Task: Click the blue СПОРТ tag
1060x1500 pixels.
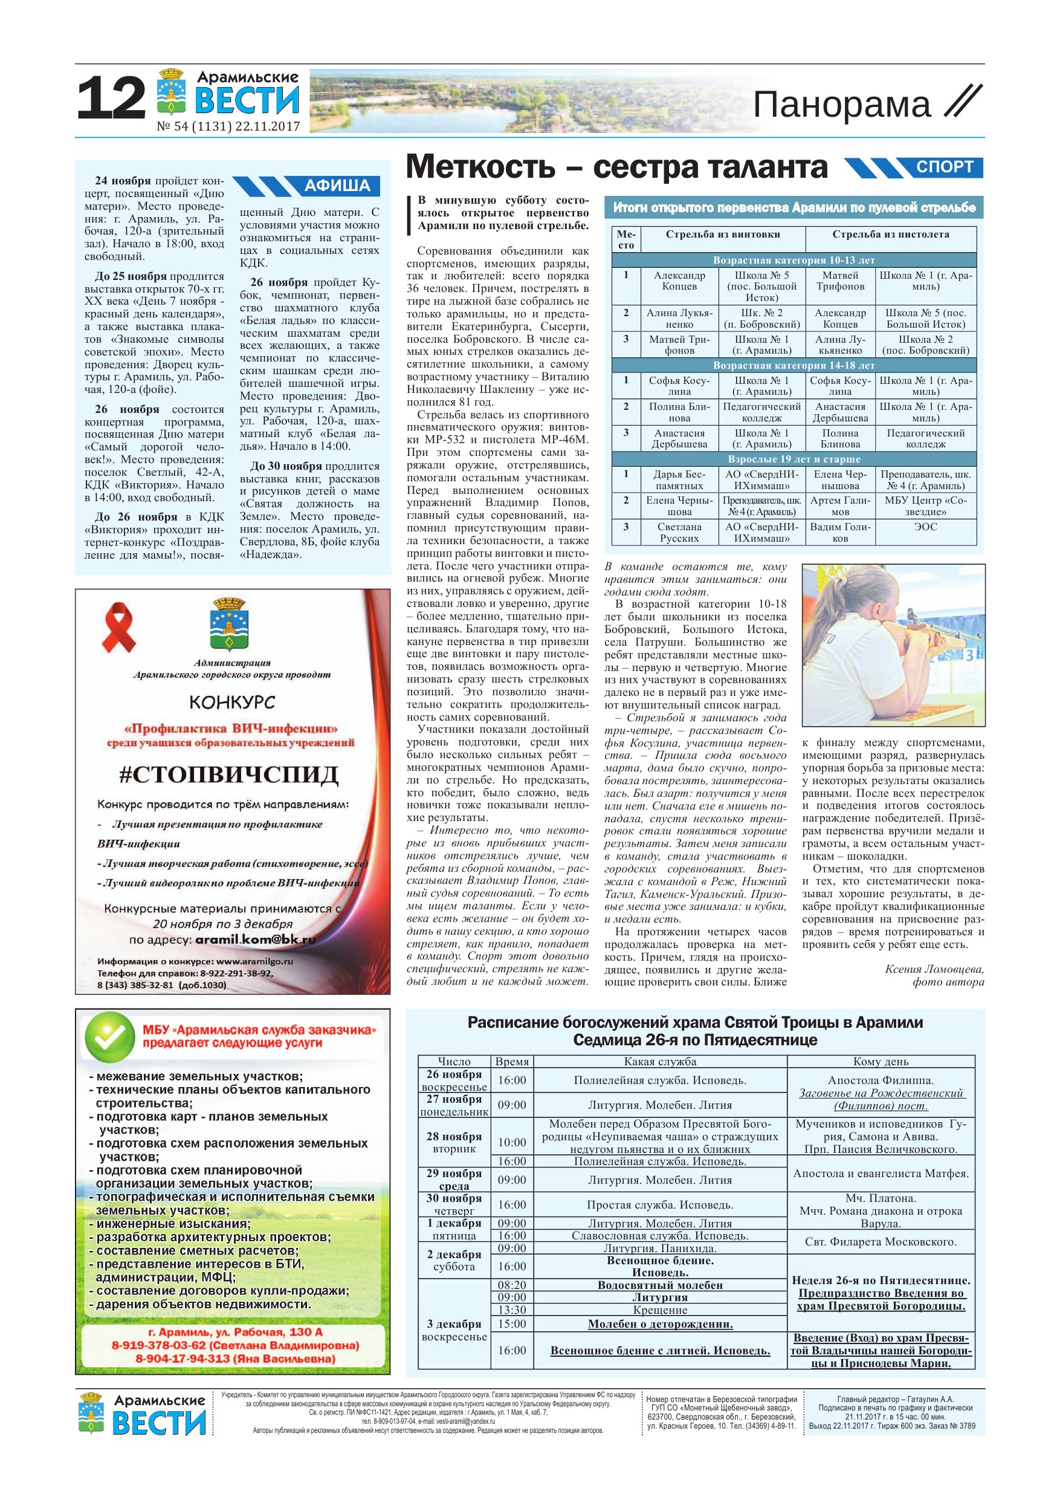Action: click(x=945, y=167)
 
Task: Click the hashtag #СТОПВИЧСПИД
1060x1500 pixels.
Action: click(x=228, y=775)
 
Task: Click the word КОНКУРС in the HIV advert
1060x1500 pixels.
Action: click(x=232, y=703)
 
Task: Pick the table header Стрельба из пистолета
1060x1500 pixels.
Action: click(x=890, y=235)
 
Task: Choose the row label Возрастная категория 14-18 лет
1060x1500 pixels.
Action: click(x=793, y=365)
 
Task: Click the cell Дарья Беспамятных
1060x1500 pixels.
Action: click(x=679, y=479)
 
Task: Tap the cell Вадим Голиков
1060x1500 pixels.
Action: click(x=840, y=533)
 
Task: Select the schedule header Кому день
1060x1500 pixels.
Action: click(x=881, y=1062)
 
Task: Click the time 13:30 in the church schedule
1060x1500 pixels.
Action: click(x=512, y=1310)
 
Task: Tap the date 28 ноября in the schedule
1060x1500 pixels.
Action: click(x=454, y=1137)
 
